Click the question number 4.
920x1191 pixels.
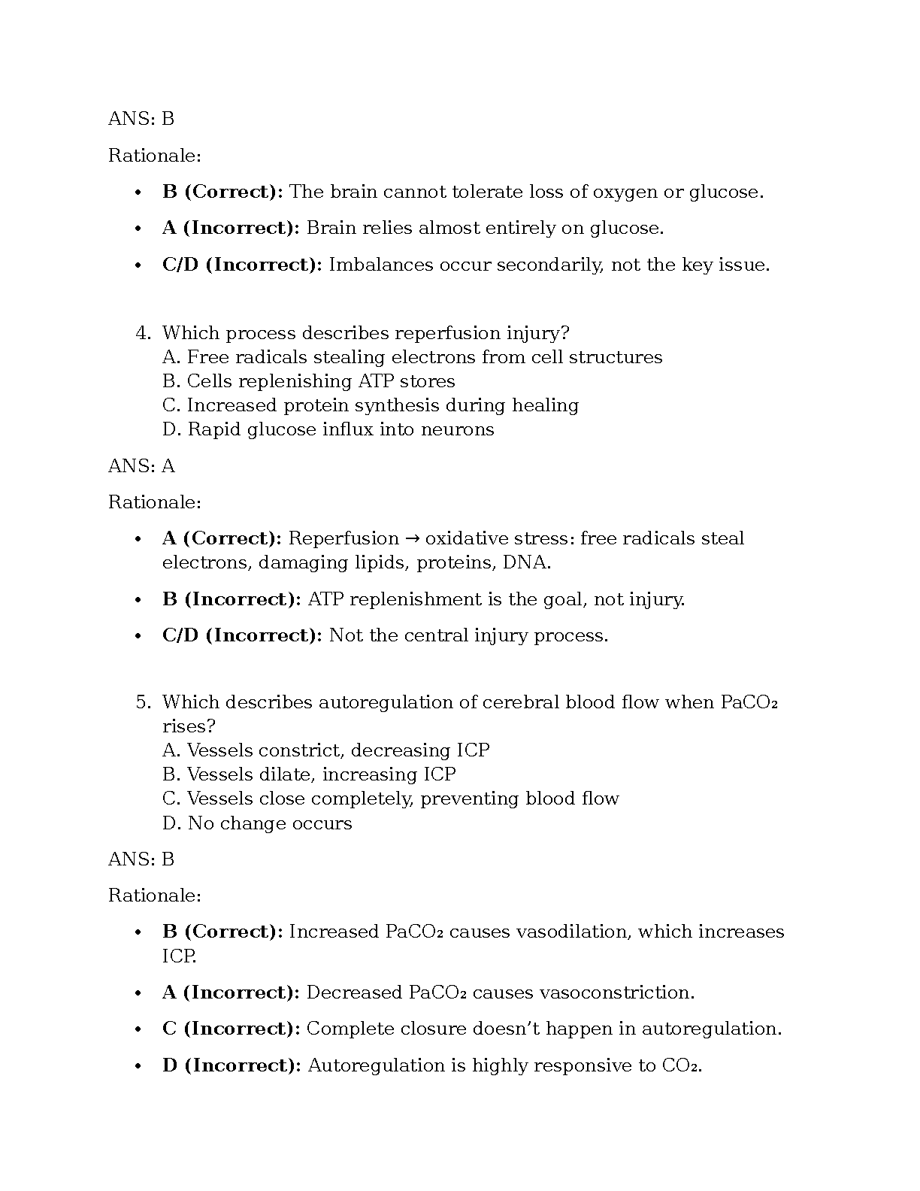point(143,333)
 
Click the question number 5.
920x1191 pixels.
point(143,702)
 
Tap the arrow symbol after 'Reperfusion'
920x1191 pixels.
point(412,538)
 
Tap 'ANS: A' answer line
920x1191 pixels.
point(141,466)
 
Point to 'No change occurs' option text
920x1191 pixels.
point(269,823)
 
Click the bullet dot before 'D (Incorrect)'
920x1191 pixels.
point(138,1066)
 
